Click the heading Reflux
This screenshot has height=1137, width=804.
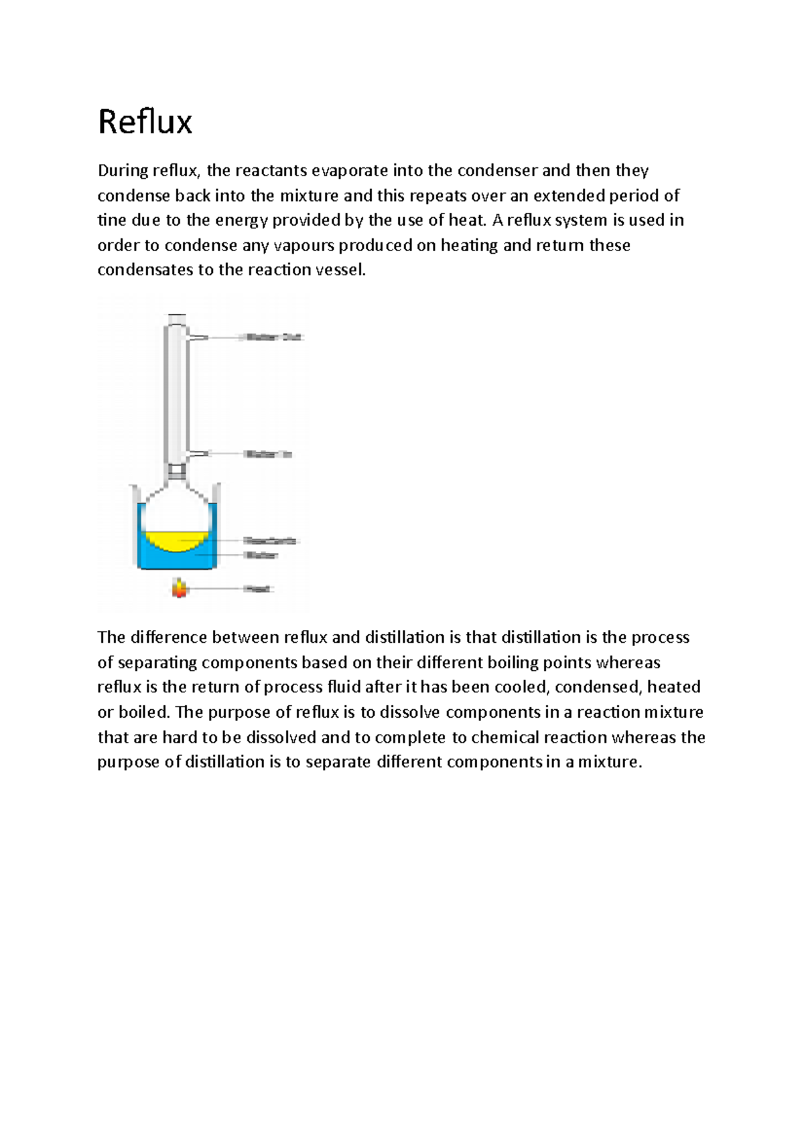pos(145,123)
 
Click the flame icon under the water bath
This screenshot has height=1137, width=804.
pos(179,588)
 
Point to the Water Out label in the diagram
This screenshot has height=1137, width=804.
pos(273,337)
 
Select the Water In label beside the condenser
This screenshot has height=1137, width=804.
pos(268,454)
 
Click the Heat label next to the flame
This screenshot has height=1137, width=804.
pos(258,589)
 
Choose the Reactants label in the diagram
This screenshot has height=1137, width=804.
pos(269,540)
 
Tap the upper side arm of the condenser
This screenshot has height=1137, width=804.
pos(198,337)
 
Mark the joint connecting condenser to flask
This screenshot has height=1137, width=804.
pos(177,473)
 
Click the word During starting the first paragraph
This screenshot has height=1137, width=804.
pos(123,171)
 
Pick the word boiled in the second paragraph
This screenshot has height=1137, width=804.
pos(144,712)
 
